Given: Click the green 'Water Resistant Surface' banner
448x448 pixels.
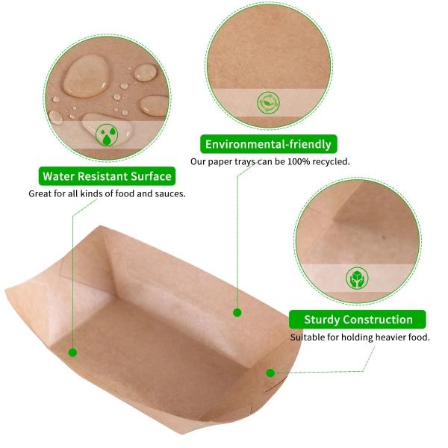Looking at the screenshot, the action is point(107,176).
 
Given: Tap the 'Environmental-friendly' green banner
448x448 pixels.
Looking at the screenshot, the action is point(268,144).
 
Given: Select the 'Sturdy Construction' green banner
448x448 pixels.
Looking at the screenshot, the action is point(358,320).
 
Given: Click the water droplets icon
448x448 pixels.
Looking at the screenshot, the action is point(107,134).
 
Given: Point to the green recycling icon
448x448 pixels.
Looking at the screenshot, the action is point(268,103).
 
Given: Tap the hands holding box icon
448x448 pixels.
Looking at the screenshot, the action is point(357,278).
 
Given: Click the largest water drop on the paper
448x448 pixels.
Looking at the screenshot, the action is point(85,76).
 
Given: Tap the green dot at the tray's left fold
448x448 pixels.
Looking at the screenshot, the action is point(73,352).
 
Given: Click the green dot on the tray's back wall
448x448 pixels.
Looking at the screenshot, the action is point(237,313).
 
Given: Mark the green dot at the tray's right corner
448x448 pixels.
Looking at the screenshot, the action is point(270,373).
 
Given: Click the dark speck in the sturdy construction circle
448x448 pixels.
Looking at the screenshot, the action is point(384,237).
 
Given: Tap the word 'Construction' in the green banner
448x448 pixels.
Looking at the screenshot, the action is point(378,320).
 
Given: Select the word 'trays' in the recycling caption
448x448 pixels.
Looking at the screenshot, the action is point(245,162).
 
